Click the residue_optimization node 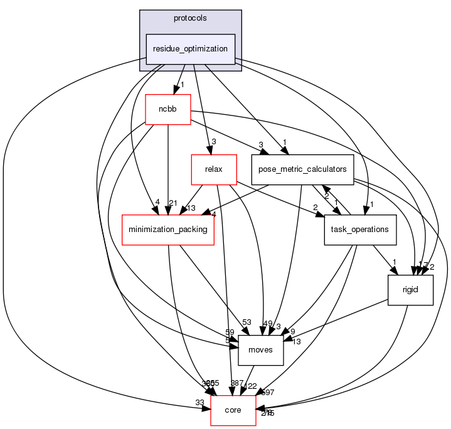coord(191,48)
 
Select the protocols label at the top coord(191,18)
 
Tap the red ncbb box coord(167,109)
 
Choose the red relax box coord(213,169)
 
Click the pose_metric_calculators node coord(302,169)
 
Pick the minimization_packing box coord(168,229)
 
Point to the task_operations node coord(360,229)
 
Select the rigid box coord(410,289)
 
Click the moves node coord(261,349)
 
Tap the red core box coord(233,410)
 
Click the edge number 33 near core coord(199,402)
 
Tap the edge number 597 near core coord(267,393)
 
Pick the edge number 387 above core coord(237,383)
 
